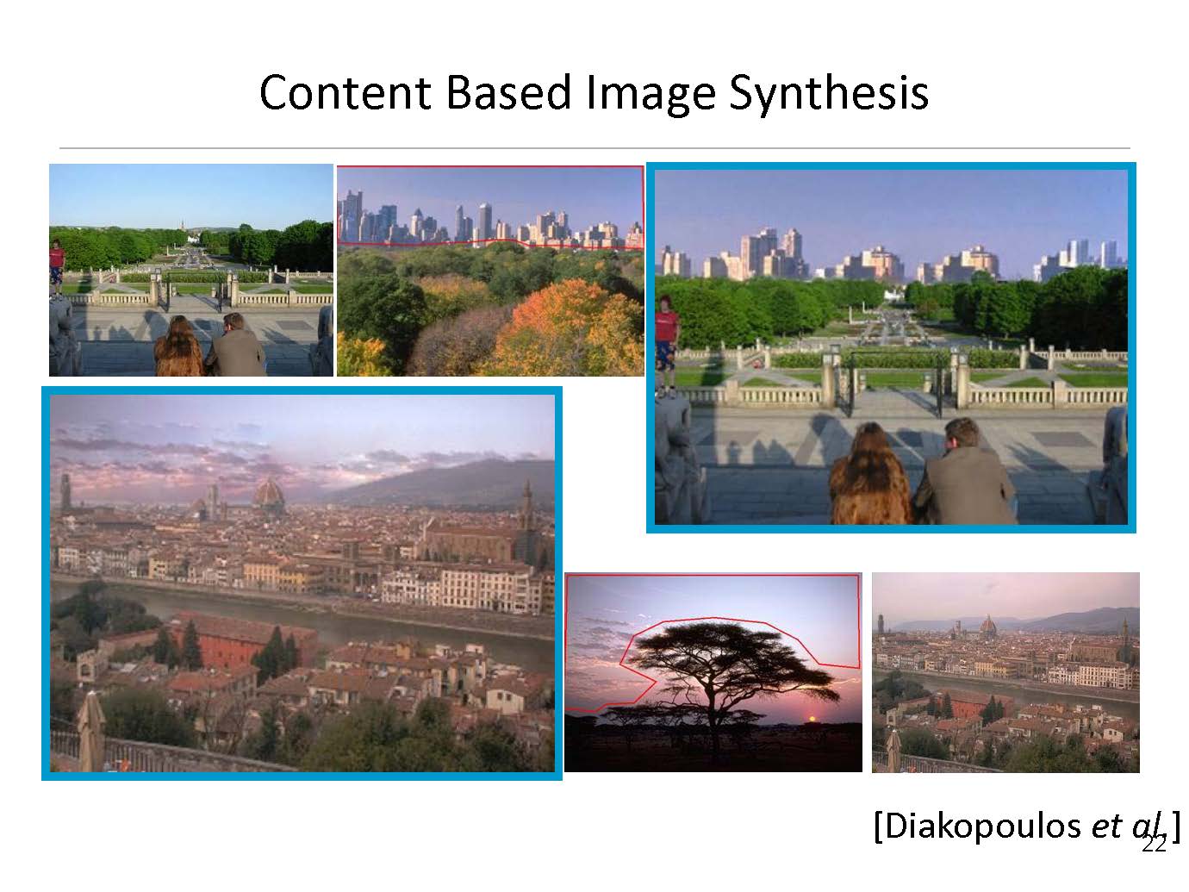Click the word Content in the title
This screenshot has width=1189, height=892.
click(x=345, y=92)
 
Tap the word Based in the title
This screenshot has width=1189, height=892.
click(x=508, y=92)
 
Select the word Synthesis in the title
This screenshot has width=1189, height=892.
click(x=829, y=95)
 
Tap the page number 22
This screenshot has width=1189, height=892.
click(x=1154, y=845)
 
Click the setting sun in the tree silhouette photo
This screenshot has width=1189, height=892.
click(x=812, y=719)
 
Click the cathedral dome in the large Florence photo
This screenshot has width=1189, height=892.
click(x=268, y=495)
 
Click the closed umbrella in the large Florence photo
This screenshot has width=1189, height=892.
click(x=91, y=731)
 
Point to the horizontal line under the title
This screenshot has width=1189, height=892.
click(x=594, y=148)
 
